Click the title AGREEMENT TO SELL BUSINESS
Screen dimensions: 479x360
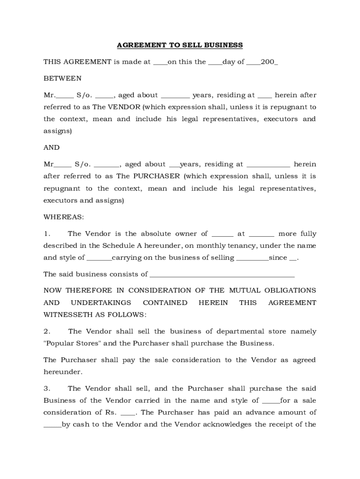[180, 45]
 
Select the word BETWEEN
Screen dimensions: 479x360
[62, 78]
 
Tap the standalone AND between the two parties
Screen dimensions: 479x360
[51, 147]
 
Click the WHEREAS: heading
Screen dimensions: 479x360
[64, 217]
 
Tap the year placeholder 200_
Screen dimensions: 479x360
[269, 62]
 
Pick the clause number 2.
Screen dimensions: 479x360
[47, 332]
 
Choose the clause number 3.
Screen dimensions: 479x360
[47, 389]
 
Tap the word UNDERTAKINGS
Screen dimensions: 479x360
[101, 303]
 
